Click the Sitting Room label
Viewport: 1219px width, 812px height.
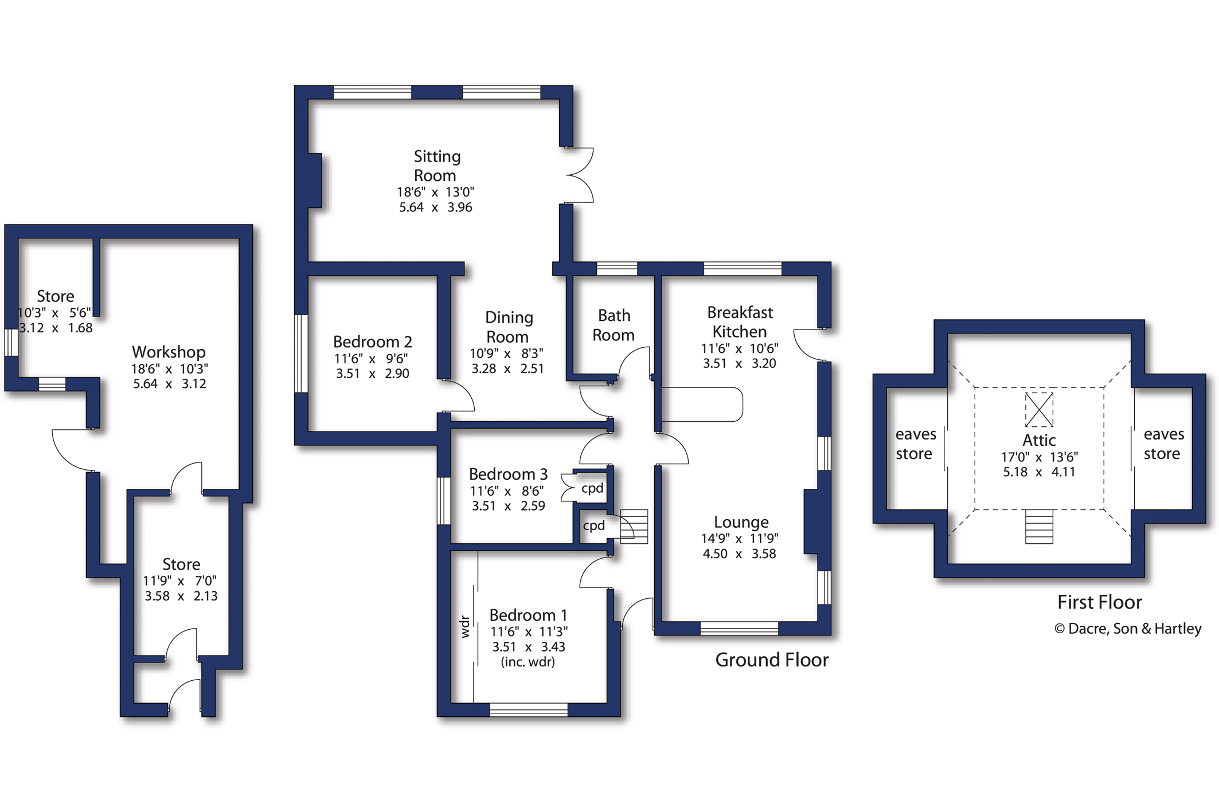point(436,166)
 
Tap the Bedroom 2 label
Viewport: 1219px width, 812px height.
point(373,342)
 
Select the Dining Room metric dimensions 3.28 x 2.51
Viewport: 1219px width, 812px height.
point(507,368)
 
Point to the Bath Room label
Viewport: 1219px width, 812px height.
point(614,325)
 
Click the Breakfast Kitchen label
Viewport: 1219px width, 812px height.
point(740,321)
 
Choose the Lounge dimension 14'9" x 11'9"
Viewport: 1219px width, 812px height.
point(740,539)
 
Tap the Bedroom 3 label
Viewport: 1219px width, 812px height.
point(508,474)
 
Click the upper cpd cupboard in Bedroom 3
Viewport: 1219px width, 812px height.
point(592,488)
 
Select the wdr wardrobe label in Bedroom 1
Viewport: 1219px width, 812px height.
point(465,627)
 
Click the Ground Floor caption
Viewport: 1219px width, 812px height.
point(772,660)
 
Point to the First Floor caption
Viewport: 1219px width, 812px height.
point(1099,602)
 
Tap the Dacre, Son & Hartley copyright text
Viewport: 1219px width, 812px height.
point(1128,629)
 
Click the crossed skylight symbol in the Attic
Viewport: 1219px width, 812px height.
point(1039,409)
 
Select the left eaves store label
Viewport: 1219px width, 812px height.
point(915,444)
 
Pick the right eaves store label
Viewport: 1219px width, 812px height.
point(1163,444)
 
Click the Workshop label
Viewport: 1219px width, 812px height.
point(169,352)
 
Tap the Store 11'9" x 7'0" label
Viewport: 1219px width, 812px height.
point(181,580)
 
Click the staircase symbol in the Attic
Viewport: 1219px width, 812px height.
point(1039,526)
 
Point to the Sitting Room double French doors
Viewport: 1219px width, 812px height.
point(579,175)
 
